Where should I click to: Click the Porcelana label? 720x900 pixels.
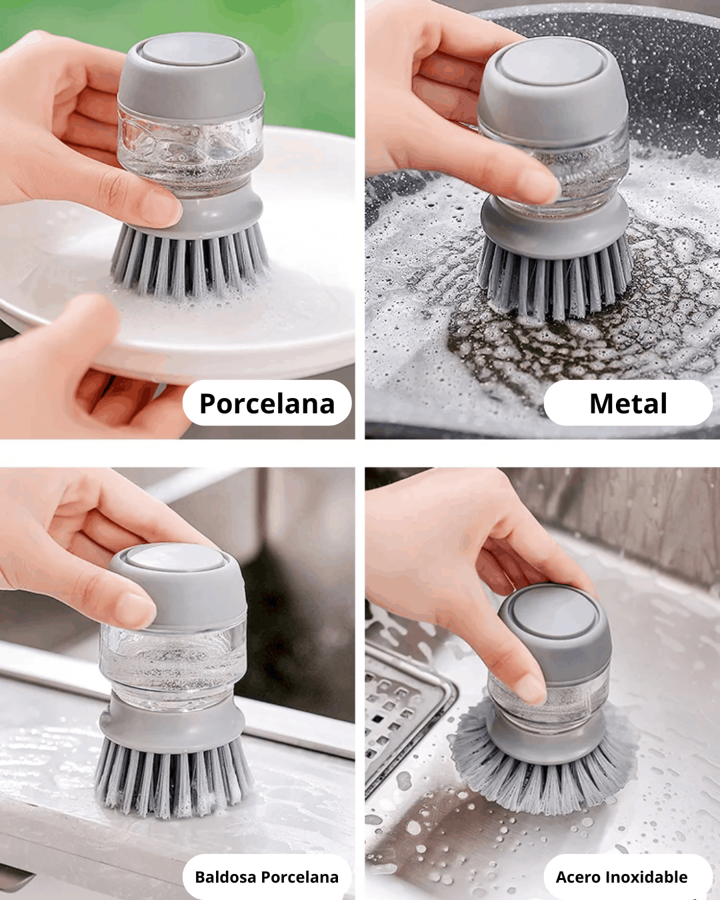coord(267,403)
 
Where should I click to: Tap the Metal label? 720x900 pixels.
coord(628,403)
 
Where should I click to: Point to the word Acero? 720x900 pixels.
coord(578,877)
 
